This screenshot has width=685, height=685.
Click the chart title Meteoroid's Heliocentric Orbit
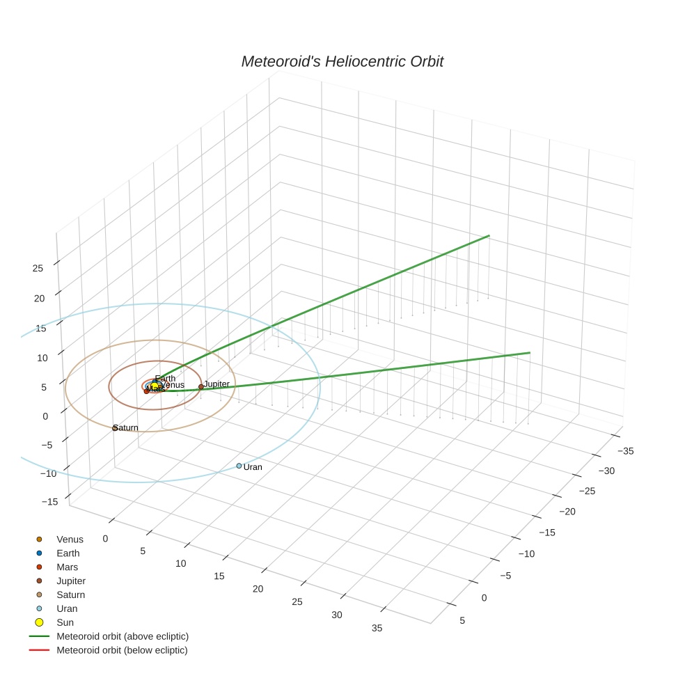[342, 61]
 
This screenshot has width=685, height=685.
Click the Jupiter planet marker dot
[201, 386]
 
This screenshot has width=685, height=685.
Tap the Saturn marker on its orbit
[115, 428]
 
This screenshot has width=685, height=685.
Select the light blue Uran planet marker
[239, 466]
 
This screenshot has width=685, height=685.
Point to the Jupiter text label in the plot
[216, 384]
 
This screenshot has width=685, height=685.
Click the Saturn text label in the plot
[127, 427]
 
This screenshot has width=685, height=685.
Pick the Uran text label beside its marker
[253, 467]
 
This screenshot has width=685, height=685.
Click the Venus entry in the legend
[70, 540]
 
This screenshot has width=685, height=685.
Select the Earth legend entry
[68, 553]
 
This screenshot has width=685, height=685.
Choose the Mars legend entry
[68, 567]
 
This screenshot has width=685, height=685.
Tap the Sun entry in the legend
[65, 622]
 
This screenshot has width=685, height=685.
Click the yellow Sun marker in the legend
[39, 622]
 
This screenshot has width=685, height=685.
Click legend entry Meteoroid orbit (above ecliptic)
[123, 636]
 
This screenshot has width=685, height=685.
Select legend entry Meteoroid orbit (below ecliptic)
[122, 650]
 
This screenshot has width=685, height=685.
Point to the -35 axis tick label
[625, 451]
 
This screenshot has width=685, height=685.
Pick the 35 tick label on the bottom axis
[377, 628]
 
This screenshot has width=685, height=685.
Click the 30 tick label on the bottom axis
[337, 615]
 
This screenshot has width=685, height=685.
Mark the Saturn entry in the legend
[70, 595]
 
